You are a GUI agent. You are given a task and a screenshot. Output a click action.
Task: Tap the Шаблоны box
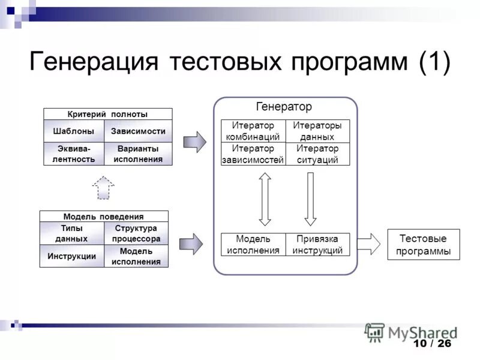pyautogui.click(x=73, y=131)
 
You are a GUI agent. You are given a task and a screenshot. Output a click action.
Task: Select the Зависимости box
pyautogui.click(x=138, y=131)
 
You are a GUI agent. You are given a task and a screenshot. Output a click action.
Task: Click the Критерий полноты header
pyautogui.click(x=107, y=114)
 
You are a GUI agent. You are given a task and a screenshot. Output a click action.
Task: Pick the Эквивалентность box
pyautogui.click(x=73, y=154)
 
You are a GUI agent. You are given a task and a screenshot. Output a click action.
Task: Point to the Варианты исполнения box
pyautogui.click(x=138, y=154)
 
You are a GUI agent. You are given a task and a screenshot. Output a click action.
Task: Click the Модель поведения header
pyautogui.click(x=104, y=217)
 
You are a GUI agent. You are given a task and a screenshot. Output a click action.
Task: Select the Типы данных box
pyautogui.click(x=71, y=233)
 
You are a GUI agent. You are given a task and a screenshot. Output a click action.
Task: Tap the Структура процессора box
pyautogui.click(x=136, y=233)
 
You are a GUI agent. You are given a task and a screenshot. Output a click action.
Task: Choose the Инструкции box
pyautogui.click(x=71, y=256)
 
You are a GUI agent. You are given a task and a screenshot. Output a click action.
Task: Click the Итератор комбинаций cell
pyautogui.click(x=253, y=131)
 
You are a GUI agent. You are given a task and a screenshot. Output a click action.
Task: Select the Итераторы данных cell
pyautogui.click(x=317, y=131)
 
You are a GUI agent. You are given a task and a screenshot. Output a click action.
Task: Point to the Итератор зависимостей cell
pyautogui.click(x=253, y=154)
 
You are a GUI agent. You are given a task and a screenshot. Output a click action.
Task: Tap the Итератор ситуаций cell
pyautogui.click(x=317, y=154)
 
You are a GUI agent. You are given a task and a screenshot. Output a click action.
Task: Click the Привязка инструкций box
pyautogui.click(x=317, y=245)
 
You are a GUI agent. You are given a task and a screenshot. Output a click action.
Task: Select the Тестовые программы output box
pyautogui.click(x=424, y=244)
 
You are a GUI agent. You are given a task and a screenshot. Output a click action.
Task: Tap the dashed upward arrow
pyautogui.click(x=103, y=187)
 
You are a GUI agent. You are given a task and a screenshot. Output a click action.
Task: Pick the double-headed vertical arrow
pyautogui.click(x=265, y=199)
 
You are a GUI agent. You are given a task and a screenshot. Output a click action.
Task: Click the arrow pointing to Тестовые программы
pyautogui.click(x=369, y=244)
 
